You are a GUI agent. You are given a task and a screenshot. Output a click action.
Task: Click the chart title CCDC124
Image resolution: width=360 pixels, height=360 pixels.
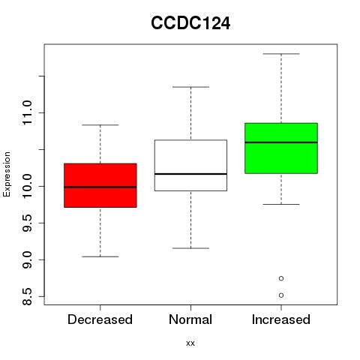[x=190, y=23]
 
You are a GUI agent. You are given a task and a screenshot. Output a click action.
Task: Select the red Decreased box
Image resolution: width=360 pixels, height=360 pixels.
[x=100, y=185]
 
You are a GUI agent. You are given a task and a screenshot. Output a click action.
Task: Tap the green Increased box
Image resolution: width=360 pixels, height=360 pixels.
[x=281, y=148]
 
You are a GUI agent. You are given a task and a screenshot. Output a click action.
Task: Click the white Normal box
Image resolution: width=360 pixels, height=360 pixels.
[x=190, y=165]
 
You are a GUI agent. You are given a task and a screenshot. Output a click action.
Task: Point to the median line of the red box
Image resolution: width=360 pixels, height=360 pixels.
[x=100, y=187]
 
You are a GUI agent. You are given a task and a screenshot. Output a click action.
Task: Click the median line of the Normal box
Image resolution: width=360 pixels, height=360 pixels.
[x=190, y=174]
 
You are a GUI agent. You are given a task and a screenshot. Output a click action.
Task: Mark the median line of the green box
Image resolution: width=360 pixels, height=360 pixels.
[x=281, y=142]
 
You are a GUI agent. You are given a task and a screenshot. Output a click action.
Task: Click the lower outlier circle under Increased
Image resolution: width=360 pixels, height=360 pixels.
[x=281, y=295]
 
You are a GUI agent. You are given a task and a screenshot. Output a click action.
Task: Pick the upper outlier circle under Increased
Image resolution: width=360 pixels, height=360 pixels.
[x=281, y=278]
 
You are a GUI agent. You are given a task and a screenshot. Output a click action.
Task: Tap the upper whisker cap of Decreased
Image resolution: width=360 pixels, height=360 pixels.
[x=100, y=124]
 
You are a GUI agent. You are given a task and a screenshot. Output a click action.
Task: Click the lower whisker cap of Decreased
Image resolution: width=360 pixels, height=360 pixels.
[x=100, y=256]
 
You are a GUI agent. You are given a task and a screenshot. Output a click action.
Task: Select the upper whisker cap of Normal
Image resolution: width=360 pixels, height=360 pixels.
[x=190, y=87]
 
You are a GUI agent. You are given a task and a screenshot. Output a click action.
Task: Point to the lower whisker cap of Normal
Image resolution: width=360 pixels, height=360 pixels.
[x=190, y=248]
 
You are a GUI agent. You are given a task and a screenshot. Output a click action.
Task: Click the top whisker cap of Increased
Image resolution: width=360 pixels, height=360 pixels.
[x=281, y=54]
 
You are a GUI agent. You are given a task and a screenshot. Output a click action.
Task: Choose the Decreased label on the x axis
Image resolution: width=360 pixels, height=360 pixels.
[x=100, y=319]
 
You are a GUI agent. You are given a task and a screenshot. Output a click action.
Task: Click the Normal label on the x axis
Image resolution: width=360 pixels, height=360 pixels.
[x=190, y=319]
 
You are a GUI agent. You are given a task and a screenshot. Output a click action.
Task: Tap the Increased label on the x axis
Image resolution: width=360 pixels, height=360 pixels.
[x=281, y=319]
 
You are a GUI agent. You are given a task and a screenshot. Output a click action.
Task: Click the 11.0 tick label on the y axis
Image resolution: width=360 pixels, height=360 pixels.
[x=27, y=112]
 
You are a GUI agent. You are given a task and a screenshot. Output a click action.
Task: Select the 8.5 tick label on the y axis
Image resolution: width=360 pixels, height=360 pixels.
[x=27, y=296]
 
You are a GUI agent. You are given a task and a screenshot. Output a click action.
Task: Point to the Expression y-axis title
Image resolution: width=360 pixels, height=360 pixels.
[x=7, y=174]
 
